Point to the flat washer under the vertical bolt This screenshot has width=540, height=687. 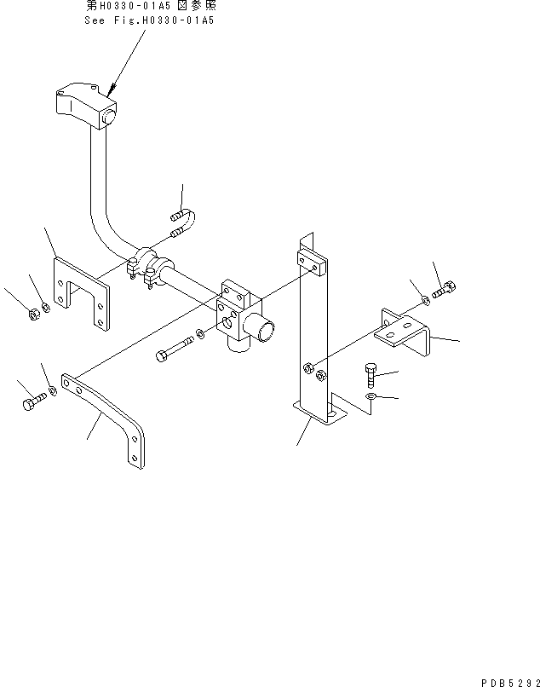coord(371,397)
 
